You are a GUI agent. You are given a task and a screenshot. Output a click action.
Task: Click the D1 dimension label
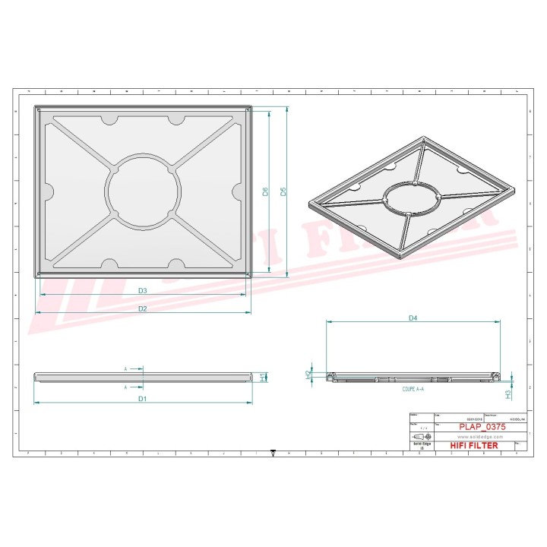coord(142,398)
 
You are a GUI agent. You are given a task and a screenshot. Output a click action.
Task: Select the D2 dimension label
coord(142,308)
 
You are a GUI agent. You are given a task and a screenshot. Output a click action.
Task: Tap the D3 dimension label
coord(142,290)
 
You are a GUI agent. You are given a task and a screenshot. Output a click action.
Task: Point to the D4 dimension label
coord(413,318)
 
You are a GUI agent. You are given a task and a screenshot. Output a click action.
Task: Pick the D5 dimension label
coord(283,191)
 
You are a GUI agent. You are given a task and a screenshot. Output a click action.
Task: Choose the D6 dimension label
coord(265,191)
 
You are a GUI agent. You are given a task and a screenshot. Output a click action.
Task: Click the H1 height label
coord(263,376)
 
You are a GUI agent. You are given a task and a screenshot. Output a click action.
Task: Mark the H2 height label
coord(308,375)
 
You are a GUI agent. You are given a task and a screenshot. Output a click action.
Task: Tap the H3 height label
coord(507,394)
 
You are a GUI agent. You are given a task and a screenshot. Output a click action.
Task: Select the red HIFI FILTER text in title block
coord(474,445)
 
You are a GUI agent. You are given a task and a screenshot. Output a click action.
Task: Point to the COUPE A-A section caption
coord(413,388)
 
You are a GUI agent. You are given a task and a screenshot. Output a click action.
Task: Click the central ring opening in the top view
coord(144,190)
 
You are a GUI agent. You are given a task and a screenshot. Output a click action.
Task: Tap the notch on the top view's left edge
coord(48,190)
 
